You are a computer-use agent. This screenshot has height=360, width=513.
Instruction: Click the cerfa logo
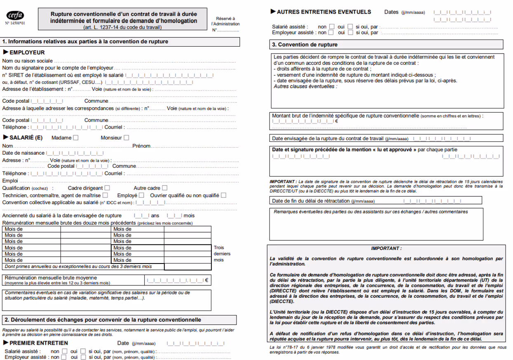[x=16, y=15]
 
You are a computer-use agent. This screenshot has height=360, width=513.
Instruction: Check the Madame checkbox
[x=75, y=138]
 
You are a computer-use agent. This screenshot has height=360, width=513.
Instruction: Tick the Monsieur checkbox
[x=126, y=138]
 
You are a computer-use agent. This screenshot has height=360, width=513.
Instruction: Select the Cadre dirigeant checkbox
[x=105, y=188]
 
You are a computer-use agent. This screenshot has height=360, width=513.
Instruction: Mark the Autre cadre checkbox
[x=164, y=188]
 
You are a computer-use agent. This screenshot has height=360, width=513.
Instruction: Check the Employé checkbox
[x=141, y=195]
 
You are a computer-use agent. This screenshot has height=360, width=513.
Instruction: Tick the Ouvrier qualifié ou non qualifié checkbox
[x=223, y=195]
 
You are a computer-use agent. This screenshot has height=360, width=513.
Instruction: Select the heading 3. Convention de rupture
[x=305, y=45]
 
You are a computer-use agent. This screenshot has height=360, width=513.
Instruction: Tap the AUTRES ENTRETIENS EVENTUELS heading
[x=324, y=12]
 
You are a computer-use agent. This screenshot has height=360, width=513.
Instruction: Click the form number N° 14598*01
[x=15, y=24]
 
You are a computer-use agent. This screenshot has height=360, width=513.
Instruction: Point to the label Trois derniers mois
[x=222, y=254]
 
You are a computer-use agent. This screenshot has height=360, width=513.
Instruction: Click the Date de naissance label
[x=23, y=153]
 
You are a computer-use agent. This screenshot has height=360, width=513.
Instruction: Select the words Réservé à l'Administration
[x=228, y=21]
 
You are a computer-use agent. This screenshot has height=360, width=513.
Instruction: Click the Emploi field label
[x=10, y=181]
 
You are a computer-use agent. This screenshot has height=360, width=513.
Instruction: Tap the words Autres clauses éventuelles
[x=305, y=87]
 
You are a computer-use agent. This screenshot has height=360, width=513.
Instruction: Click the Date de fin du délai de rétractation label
[x=311, y=201]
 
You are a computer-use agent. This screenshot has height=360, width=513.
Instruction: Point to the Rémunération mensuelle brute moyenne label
[x=51, y=278]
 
